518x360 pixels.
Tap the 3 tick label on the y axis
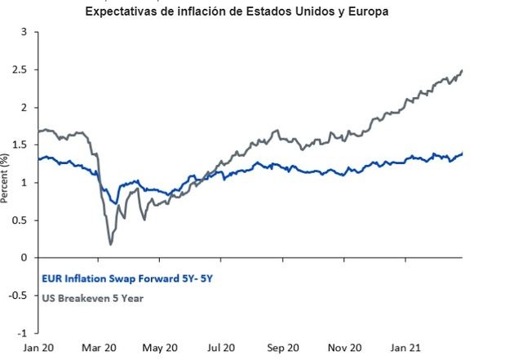coord(24,32)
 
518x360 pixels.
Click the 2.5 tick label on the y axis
coord(20,70)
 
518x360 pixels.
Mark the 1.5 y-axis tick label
coord(20,145)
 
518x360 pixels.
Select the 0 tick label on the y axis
coord(24,258)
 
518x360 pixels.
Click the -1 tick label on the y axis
coord(22,333)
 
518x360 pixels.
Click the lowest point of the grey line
coord(111,243)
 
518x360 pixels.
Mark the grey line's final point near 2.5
coord(463,71)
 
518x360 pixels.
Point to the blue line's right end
coord(463,153)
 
